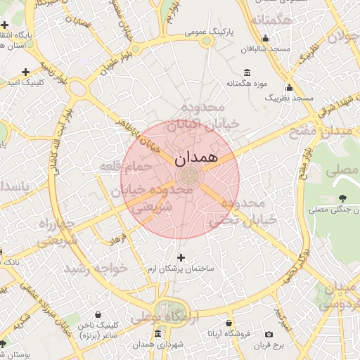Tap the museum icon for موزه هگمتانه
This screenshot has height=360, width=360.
point(247,72)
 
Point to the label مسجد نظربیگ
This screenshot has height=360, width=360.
point(288,99)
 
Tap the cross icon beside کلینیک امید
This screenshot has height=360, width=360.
point(26,71)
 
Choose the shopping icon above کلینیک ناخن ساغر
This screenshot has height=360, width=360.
point(97,315)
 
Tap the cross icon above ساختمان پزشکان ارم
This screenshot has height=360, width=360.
point(182,257)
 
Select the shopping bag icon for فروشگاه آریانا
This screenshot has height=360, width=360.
point(229,323)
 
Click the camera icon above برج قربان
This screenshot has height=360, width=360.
point(269,334)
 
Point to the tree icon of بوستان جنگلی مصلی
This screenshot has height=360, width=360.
point(342,198)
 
